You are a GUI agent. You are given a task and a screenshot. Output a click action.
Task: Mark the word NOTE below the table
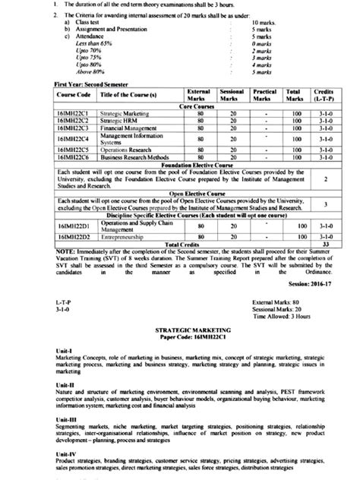tap(64, 251)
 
